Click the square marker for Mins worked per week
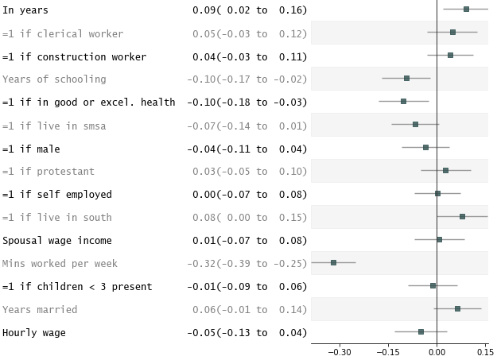(333, 262)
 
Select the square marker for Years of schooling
(406, 79)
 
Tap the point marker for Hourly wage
(421, 331)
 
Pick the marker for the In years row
(466, 10)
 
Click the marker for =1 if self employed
(437, 193)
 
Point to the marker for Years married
(457, 308)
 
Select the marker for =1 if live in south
(462, 216)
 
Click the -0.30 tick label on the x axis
(340, 351)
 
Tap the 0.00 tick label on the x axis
(437, 351)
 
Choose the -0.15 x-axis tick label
(388, 351)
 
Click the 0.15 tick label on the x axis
(484, 351)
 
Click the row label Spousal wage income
(57, 241)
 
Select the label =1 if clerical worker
(63, 34)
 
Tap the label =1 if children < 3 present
(77, 287)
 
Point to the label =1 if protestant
(49, 172)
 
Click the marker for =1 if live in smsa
(415, 124)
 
